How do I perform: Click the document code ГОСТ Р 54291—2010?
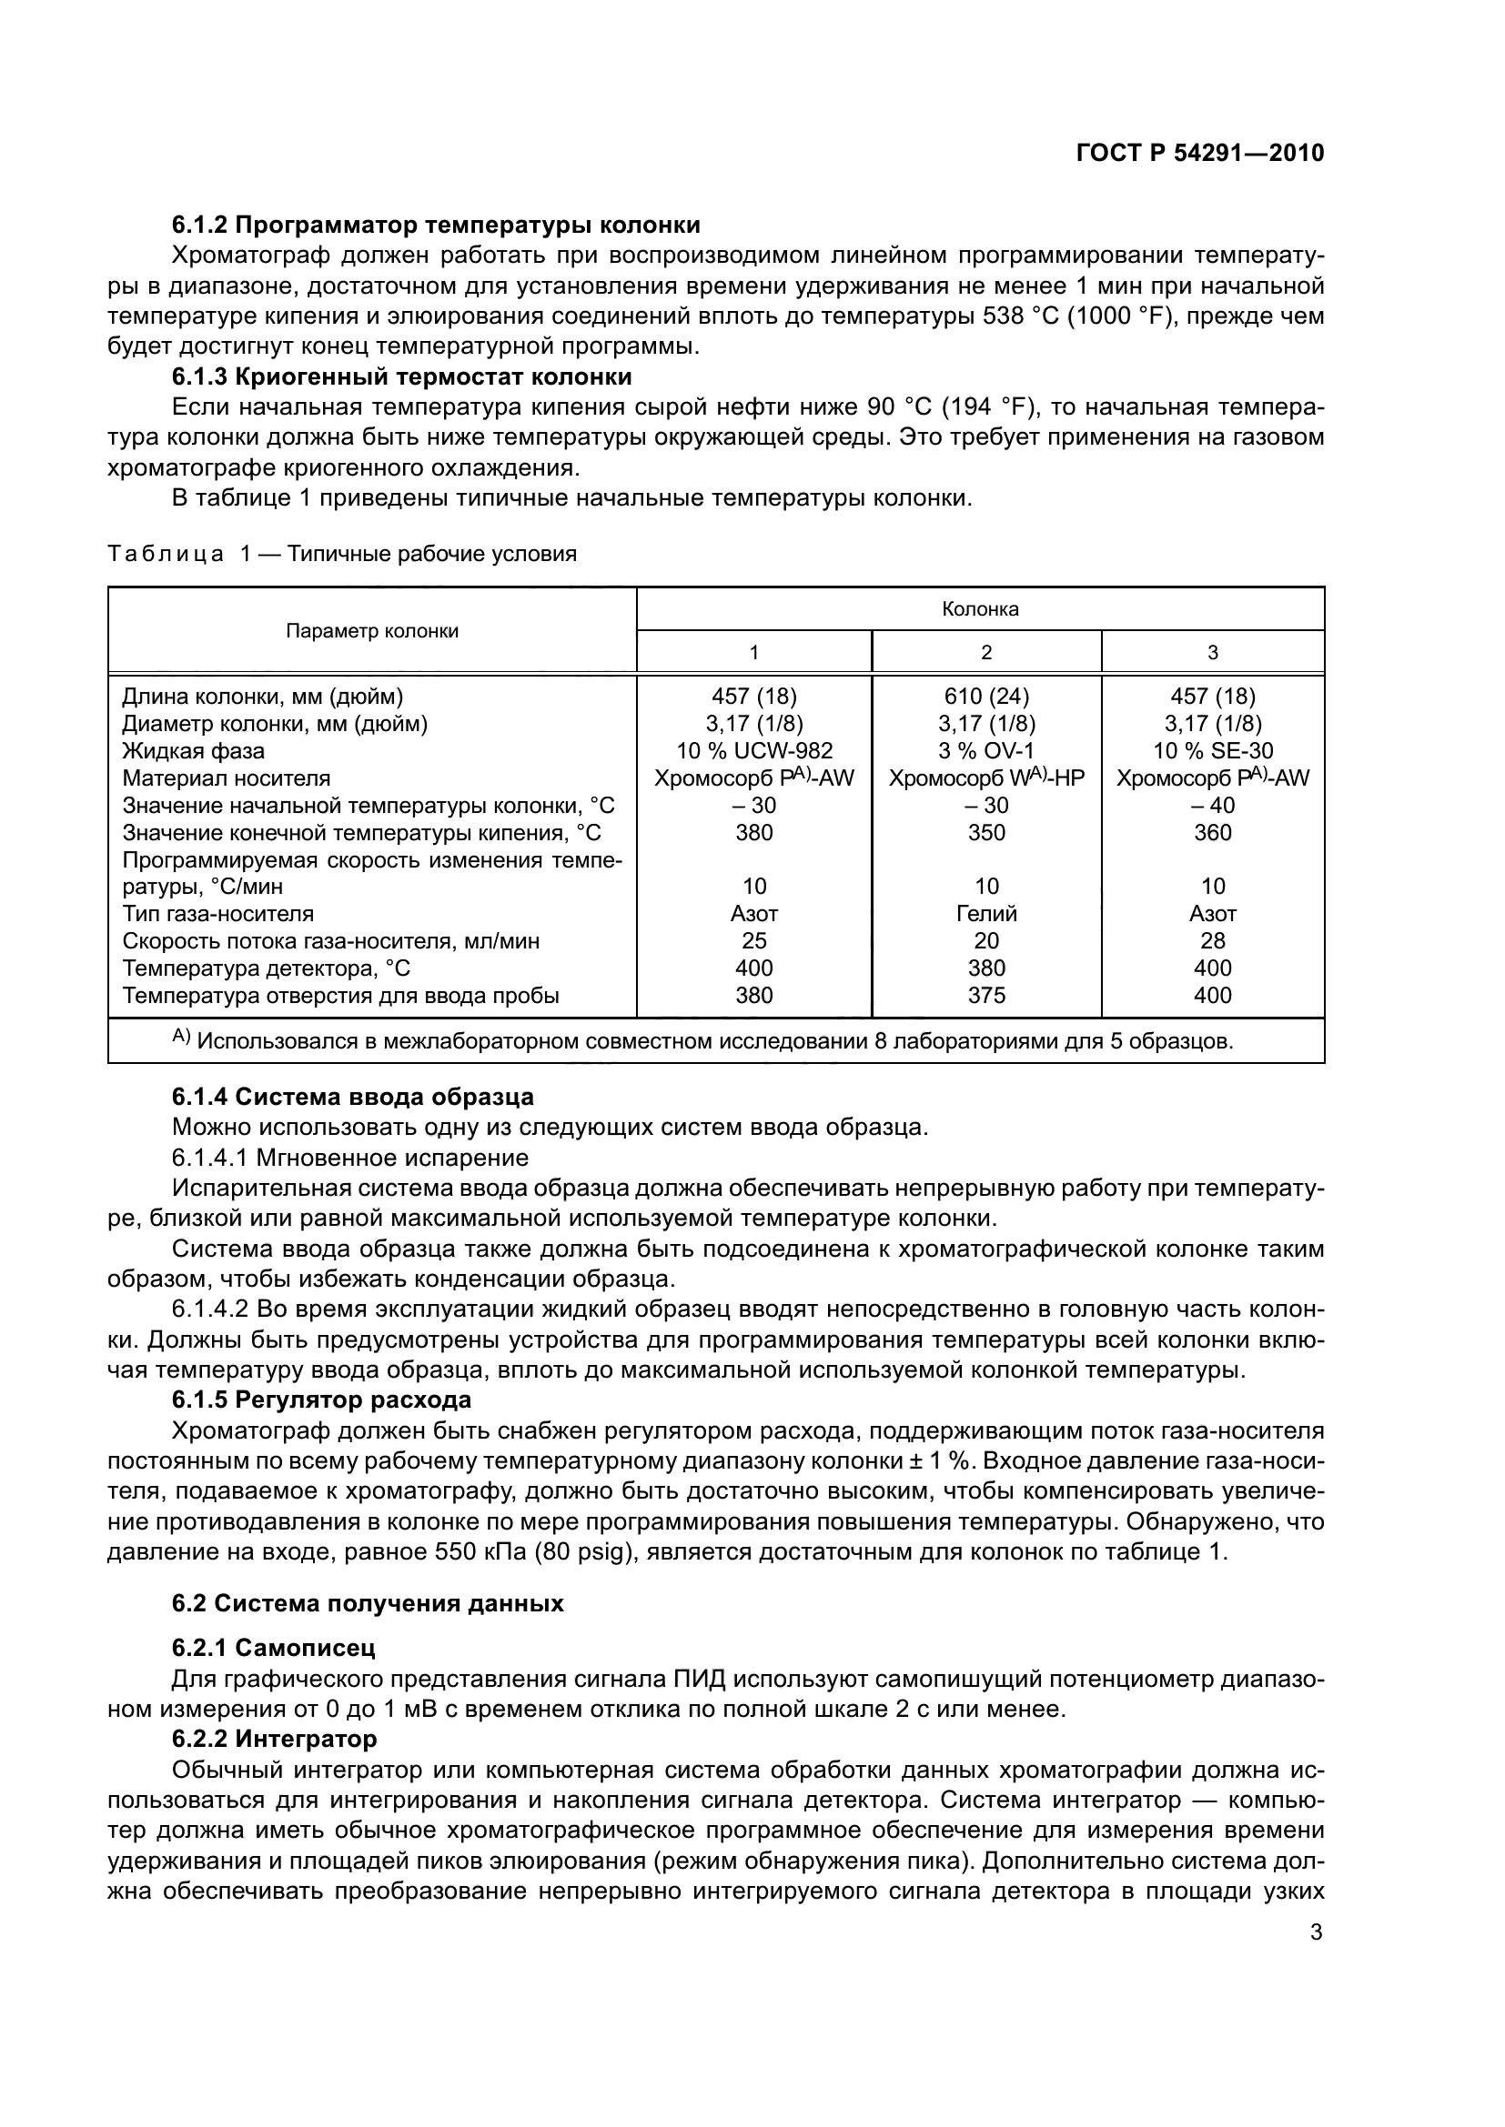pos(1199,153)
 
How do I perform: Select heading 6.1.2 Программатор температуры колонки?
pos(436,226)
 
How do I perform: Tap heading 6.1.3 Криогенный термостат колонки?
pos(401,377)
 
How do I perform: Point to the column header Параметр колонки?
pos(371,632)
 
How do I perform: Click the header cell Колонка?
pos(980,609)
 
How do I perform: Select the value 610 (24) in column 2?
pos(986,696)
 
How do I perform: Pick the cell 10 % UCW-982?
pos(753,750)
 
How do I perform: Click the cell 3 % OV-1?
pos(986,750)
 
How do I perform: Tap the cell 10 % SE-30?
pos(1212,750)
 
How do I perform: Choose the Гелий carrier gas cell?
pos(986,913)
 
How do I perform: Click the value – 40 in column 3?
pos(1212,805)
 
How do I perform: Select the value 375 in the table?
pos(986,995)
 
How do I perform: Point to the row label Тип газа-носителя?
pos(218,913)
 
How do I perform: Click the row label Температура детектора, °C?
pos(266,968)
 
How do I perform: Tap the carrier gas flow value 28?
pos(1212,941)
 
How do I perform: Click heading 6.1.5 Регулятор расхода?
pos(320,1399)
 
